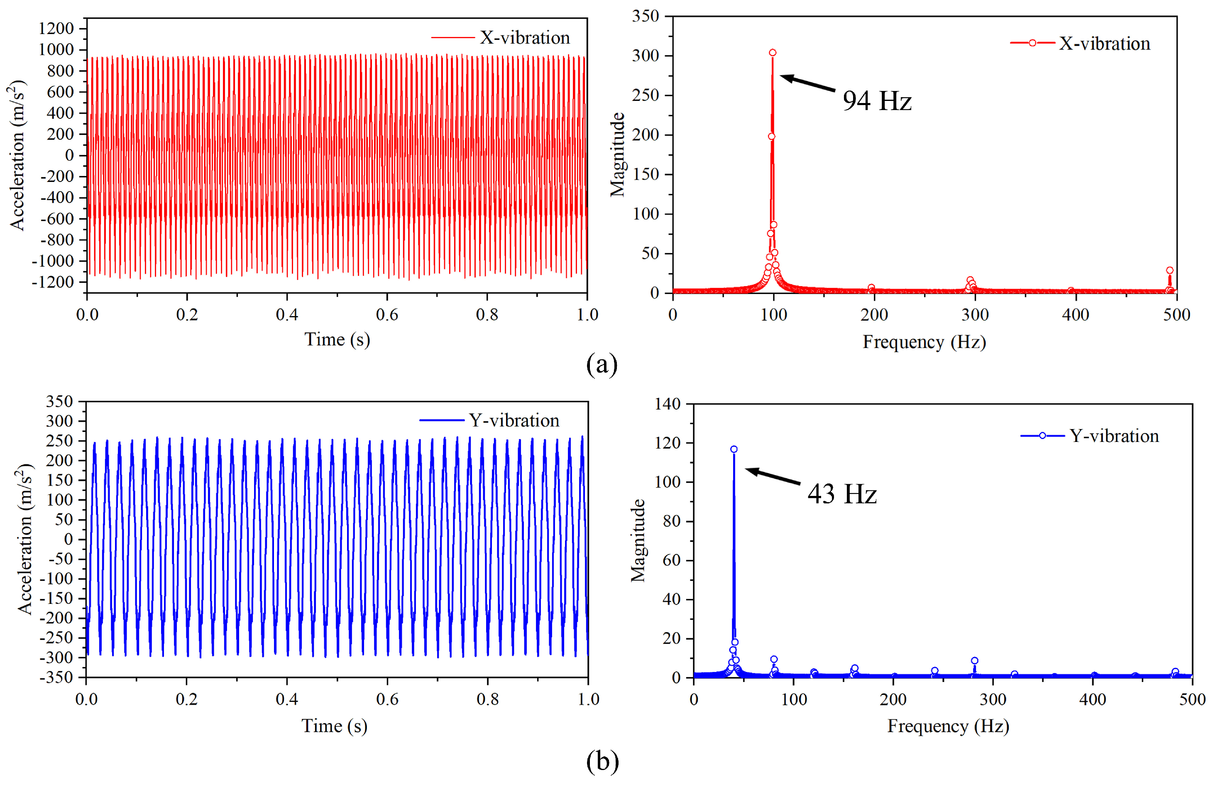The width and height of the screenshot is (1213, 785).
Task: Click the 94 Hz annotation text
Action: click(876, 101)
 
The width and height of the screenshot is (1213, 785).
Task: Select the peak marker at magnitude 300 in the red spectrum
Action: click(772, 52)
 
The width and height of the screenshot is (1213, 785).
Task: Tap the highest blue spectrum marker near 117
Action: click(734, 449)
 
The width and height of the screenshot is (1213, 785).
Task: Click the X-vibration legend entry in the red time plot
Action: click(500, 38)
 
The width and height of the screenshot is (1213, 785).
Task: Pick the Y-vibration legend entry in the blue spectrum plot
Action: click(1090, 436)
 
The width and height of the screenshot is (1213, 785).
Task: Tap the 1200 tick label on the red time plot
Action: click(56, 28)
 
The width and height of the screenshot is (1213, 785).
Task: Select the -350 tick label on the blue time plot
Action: click(56, 677)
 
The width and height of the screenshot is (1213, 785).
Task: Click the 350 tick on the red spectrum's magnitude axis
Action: click(646, 16)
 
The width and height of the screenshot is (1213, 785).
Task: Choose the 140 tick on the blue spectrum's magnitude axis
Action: click(668, 404)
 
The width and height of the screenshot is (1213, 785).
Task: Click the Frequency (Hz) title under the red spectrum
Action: click(924, 342)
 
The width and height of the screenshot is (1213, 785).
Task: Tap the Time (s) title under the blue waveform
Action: click(334, 726)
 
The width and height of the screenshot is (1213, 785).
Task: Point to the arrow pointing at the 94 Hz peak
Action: click(807, 83)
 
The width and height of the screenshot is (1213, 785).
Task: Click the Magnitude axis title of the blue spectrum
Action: click(638, 540)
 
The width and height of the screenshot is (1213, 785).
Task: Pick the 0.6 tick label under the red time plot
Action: click(386, 314)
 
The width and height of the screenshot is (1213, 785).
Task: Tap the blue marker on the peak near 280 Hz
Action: click(974, 661)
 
